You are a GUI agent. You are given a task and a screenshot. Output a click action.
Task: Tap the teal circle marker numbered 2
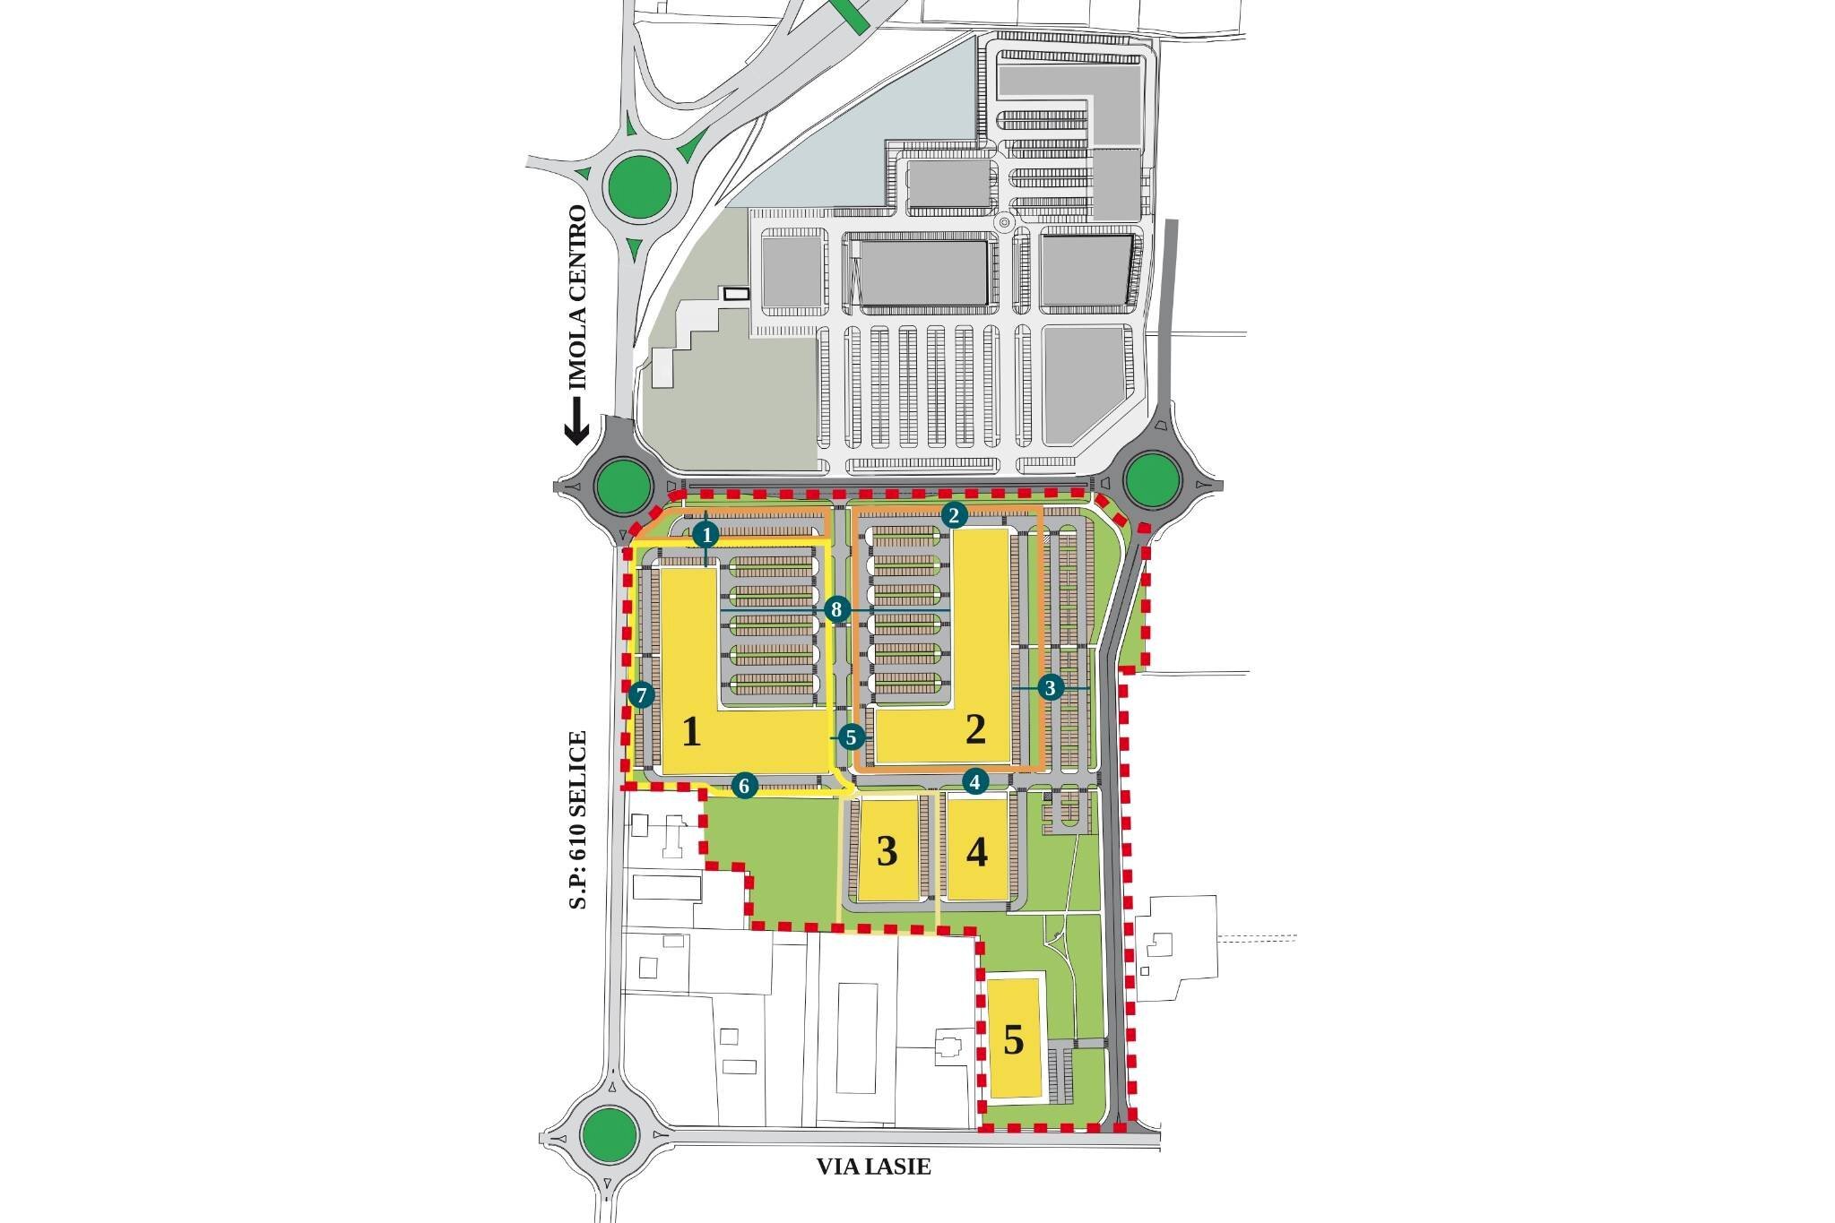click(x=954, y=514)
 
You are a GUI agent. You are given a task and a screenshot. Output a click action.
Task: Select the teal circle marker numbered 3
click(x=1051, y=688)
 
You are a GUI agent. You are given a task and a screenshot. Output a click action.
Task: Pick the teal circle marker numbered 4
click(x=975, y=781)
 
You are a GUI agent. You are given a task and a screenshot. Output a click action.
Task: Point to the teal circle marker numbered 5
click(x=851, y=737)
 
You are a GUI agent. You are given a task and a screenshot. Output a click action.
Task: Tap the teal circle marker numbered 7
click(x=640, y=695)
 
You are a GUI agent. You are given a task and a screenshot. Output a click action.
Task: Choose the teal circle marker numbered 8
click(x=836, y=611)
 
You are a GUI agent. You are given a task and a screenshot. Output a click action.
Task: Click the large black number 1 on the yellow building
click(x=691, y=733)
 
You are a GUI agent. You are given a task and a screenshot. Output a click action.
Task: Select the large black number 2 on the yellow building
click(x=975, y=730)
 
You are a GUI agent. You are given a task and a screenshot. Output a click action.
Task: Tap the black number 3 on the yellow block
click(x=887, y=851)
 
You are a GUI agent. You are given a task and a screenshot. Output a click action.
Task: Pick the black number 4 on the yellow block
click(x=977, y=851)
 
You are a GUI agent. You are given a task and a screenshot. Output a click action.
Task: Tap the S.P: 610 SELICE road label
click(x=578, y=820)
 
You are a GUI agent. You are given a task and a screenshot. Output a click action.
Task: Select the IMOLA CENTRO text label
click(x=578, y=297)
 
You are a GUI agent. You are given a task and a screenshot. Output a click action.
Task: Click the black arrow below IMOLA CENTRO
click(x=576, y=423)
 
